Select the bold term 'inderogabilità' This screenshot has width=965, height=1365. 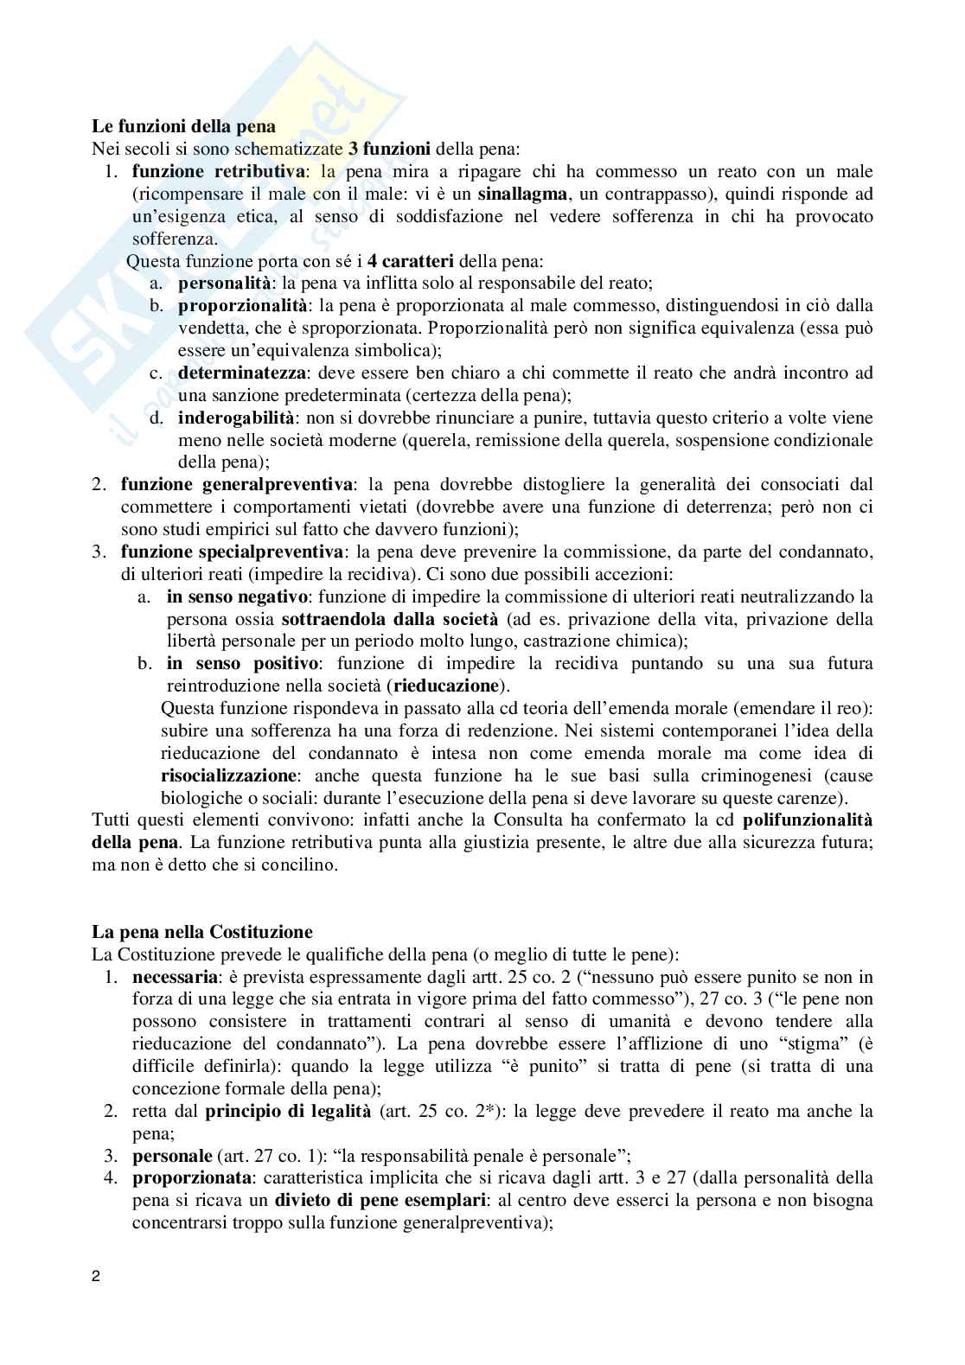pyautogui.click(x=230, y=418)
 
